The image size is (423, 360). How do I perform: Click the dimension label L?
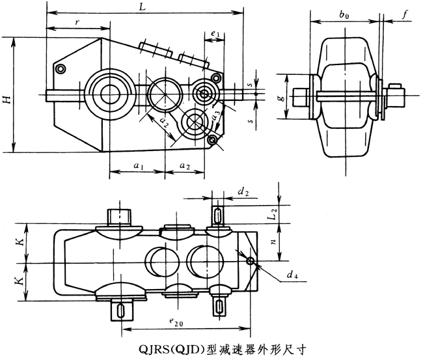pyautogui.click(x=141, y=6)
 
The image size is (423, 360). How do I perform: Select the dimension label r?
pyautogui.click(x=77, y=21)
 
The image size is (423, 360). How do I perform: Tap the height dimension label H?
pyautogui.click(x=7, y=99)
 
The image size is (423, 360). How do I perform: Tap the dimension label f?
pyautogui.click(x=404, y=12)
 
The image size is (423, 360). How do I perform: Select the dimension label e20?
pyautogui.click(x=175, y=321)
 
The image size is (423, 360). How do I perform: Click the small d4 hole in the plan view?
pyautogui.click(x=251, y=262)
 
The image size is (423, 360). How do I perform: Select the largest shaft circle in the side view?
pyautogui.click(x=109, y=93)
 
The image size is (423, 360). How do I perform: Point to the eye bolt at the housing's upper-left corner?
pyautogui.click(x=61, y=68)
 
